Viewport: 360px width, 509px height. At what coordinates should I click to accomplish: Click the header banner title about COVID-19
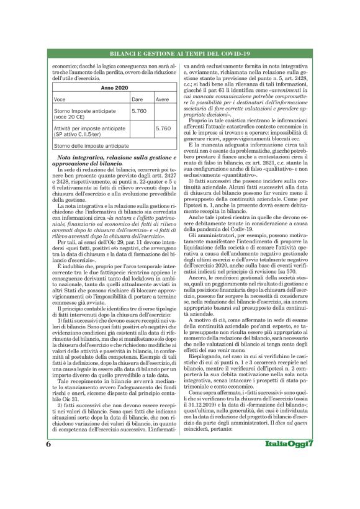[180, 54]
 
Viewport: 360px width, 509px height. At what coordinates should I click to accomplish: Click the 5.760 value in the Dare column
[140, 110]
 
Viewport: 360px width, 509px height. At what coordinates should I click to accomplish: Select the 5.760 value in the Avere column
[163, 128]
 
